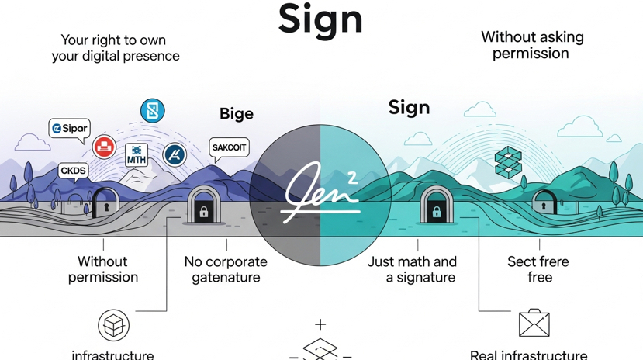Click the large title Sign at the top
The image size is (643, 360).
click(x=320, y=19)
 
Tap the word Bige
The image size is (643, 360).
click(x=236, y=114)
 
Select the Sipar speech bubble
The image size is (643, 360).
click(x=70, y=128)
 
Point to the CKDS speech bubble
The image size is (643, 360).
click(x=74, y=171)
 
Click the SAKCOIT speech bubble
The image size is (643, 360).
click(x=229, y=147)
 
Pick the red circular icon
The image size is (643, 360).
click(x=104, y=147)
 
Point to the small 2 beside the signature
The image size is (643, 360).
click(x=352, y=178)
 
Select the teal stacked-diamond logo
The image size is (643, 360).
click(x=509, y=161)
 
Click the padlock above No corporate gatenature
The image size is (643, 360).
click(x=203, y=208)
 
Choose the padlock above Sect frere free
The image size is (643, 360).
click(x=544, y=205)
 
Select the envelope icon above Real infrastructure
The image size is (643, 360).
click(x=534, y=324)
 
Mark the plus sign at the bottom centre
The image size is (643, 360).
click(x=320, y=325)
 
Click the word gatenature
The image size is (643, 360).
click(x=225, y=277)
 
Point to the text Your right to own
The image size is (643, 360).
click(x=113, y=40)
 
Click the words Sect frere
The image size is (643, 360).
click(x=538, y=262)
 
